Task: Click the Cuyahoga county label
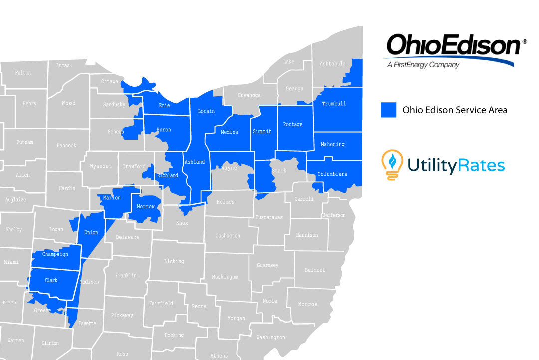pos(249,95)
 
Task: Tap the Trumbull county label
pos(334,104)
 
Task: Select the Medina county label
pos(229,132)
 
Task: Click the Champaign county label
pos(55,254)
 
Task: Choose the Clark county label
pos(51,280)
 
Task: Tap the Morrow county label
pos(146,206)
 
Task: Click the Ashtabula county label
pos(332,64)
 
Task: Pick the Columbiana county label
pos(332,174)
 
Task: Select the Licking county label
pos(174,261)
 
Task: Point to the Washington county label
pos(270,337)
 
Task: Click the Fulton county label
pos(23,73)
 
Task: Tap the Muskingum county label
pos(225,276)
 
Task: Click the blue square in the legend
pos(388,110)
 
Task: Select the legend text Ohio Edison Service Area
pos(455,110)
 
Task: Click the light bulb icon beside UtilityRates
pos(392,164)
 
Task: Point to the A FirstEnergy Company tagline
pos(423,65)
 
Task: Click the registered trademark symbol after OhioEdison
pos(524,42)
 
